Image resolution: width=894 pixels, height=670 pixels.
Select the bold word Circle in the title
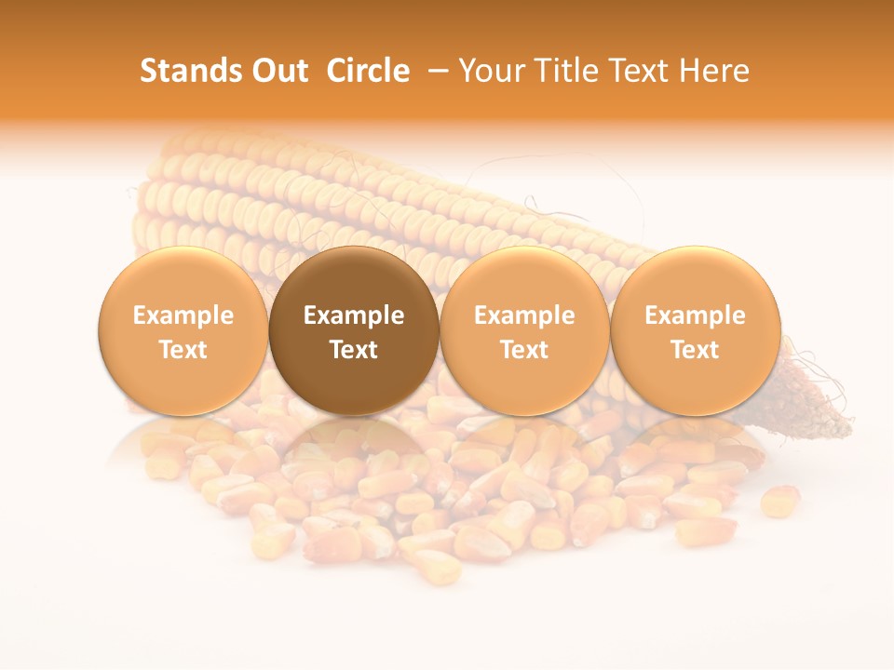[368, 71]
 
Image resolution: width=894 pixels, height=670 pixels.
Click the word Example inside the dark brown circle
[354, 315]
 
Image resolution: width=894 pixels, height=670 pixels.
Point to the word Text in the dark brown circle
[354, 350]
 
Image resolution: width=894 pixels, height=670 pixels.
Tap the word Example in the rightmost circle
[695, 315]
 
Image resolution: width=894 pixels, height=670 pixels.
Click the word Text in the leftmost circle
[183, 350]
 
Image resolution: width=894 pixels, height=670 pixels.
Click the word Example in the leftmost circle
[183, 315]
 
